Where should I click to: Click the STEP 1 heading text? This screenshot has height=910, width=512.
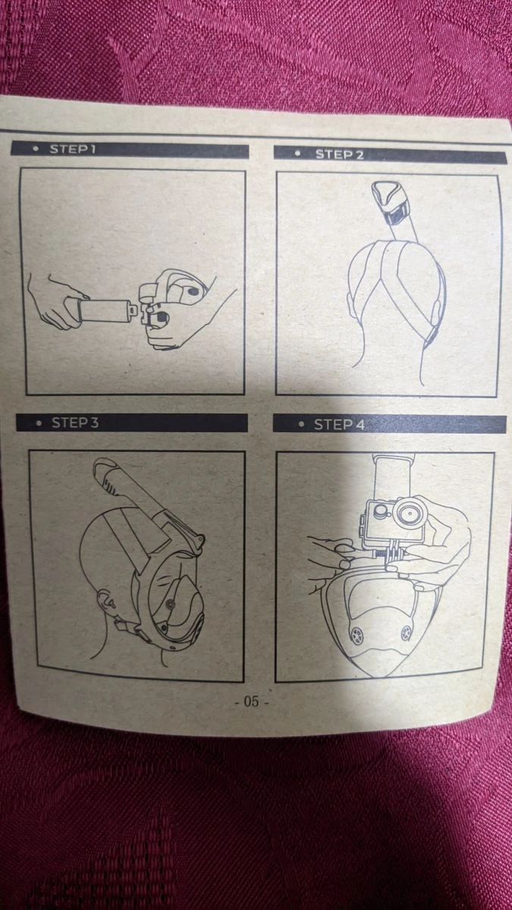tap(73, 149)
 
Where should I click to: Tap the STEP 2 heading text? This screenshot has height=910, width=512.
tap(340, 155)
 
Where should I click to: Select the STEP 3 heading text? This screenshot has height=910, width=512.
tap(75, 423)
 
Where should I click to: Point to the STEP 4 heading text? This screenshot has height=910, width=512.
tap(340, 425)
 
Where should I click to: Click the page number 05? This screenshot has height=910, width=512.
tap(252, 701)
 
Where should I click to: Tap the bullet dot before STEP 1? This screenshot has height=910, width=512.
tap(36, 149)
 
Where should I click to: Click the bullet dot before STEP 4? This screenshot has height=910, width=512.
tap(301, 425)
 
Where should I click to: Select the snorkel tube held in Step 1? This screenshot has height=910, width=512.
tap(104, 312)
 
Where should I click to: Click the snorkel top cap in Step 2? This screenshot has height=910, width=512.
tap(388, 197)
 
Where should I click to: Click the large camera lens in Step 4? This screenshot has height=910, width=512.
tap(410, 513)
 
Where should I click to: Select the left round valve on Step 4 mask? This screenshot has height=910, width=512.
tap(357, 632)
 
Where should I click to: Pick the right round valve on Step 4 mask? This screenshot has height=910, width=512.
tap(406, 632)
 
